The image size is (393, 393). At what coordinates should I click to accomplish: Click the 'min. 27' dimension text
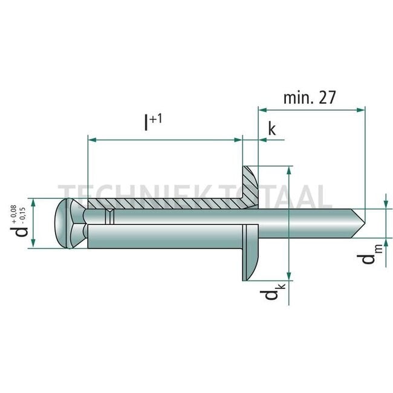(308, 98)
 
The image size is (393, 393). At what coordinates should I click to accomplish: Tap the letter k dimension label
(271, 129)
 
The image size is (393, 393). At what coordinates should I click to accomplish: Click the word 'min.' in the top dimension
(296, 98)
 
